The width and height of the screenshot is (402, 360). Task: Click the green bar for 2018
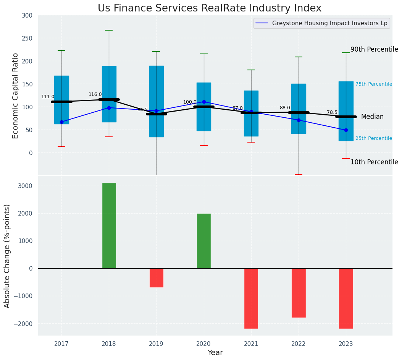109,225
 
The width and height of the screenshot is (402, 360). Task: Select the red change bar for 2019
156,277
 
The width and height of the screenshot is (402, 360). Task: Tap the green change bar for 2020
203,241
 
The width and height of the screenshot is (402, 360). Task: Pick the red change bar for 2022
299,293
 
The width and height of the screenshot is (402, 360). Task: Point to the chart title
210,8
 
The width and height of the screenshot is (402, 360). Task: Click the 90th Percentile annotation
374,49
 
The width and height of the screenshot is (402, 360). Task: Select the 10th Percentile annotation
374,162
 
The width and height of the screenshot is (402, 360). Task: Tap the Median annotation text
372,117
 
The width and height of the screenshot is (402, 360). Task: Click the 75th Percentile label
373,84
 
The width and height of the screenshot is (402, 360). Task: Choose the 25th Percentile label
373,138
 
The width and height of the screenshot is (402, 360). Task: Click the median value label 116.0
95,94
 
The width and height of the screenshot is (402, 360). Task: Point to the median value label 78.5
332,112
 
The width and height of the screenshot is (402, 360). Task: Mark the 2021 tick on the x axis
251,344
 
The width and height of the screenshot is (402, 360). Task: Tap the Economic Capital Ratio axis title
16,96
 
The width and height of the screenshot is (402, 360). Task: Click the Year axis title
215,353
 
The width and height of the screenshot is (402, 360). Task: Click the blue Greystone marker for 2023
346,130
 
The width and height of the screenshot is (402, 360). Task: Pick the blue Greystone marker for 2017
61,122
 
